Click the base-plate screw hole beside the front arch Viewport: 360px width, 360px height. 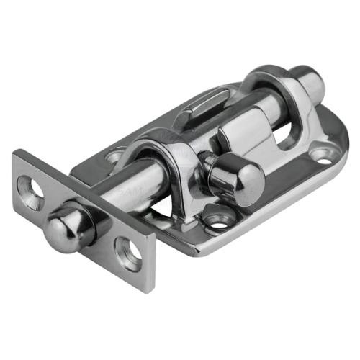pos(114,156)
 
